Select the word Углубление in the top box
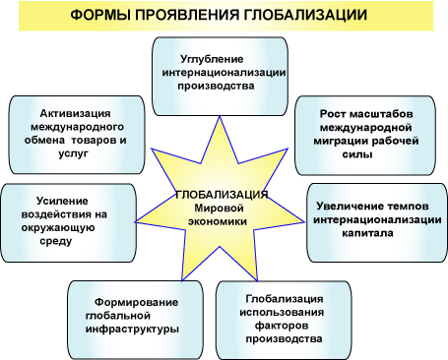(212, 60)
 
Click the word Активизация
(75, 113)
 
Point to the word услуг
(74, 153)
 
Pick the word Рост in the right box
(333, 114)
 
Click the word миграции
(338, 142)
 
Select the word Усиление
(62, 201)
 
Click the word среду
(56, 241)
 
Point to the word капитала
(367, 233)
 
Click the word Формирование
(136, 302)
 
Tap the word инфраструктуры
(132, 330)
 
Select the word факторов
(282, 326)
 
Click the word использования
(282, 312)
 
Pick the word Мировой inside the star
(219, 209)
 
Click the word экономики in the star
(218, 221)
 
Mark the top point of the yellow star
(220, 116)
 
